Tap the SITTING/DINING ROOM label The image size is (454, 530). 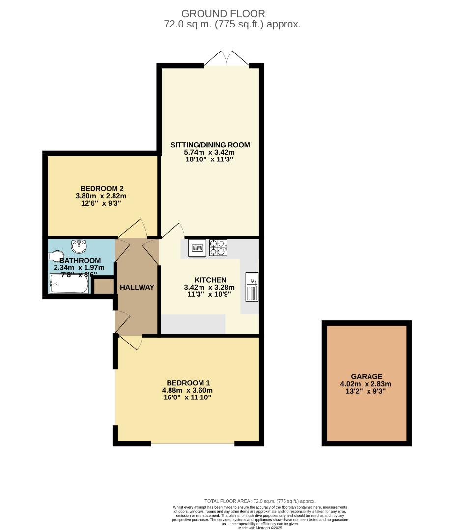[210, 145]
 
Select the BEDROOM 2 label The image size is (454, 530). [102, 188]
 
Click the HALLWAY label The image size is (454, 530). [137, 287]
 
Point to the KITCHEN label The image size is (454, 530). [209, 280]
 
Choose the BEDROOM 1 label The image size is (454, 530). [189, 383]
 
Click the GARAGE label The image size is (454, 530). [366, 376]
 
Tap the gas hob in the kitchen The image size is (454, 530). [218, 247]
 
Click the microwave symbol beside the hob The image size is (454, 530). [198, 248]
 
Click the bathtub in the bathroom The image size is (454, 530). [69, 284]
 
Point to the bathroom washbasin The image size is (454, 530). [79, 245]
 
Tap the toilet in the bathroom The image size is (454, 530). [55, 256]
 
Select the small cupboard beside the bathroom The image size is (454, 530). [103, 287]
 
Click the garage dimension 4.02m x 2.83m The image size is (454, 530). [366, 384]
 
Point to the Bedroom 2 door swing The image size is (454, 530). [134, 229]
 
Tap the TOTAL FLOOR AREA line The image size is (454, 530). [260, 501]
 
